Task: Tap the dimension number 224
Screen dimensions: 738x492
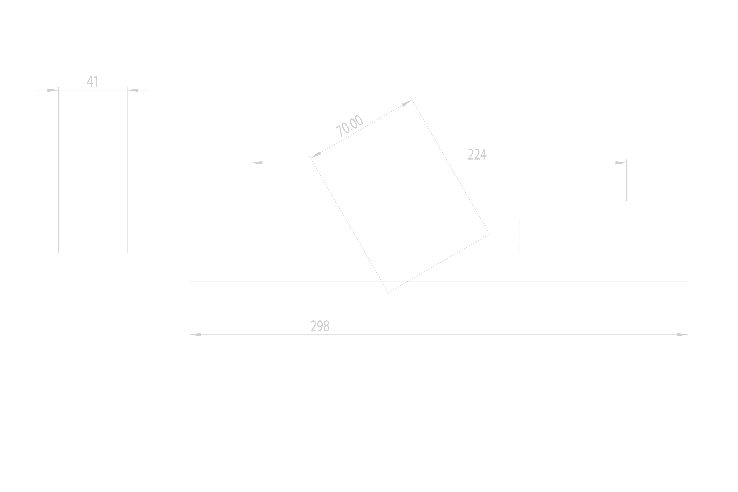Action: point(477,154)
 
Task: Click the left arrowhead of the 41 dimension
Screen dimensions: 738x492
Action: point(53,90)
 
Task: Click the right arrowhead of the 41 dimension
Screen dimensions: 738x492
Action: point(133,90)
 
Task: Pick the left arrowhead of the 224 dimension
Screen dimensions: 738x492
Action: point(257,163)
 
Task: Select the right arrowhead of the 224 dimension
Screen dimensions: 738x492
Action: point(621,163)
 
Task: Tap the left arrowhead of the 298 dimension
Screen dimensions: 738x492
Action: point(195,335)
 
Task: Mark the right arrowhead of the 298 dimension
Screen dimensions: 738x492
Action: point(682,335)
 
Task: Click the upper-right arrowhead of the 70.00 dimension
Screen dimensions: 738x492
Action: point(407,103)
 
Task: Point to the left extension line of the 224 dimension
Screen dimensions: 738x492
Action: point(251,180)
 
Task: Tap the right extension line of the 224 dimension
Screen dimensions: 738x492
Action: point(627,180)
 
